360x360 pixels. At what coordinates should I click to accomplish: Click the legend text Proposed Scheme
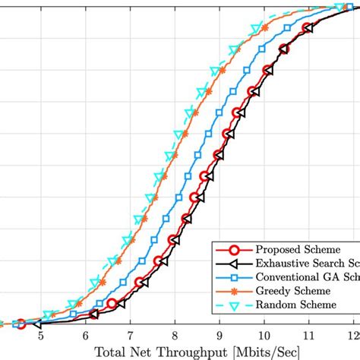[297, 248]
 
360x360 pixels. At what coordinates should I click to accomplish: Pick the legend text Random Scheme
[295, 305]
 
